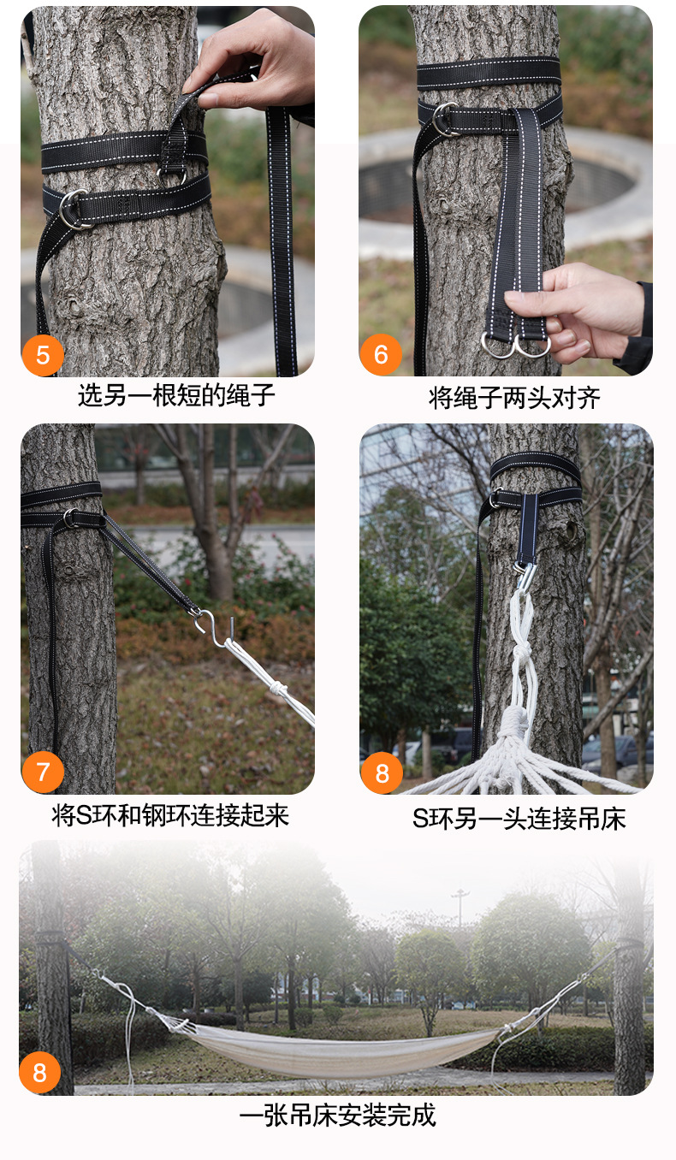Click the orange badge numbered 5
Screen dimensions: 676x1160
tap(43, 355)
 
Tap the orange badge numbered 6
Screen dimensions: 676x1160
tap(381, 354)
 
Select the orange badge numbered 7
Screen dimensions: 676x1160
tap(43, 772)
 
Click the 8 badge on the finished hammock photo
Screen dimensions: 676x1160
tap(40, 1073)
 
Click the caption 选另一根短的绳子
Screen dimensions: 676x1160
tap(176, 395)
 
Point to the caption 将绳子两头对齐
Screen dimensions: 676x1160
tap(514, 399)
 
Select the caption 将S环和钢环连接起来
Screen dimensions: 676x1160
tap(170, 815)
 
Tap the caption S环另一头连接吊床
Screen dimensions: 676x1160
tap(519, 819)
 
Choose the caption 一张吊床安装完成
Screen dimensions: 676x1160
tap(337, 1116)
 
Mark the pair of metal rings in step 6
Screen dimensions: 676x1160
tap(516, 345)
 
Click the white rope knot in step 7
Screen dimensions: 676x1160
tap(277, 689)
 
